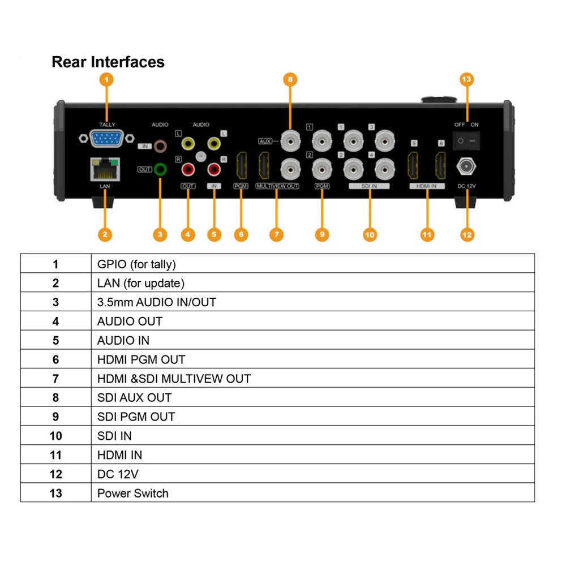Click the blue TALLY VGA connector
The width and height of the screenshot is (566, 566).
(x=106, y=139)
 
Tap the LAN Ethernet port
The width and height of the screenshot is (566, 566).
(x=105, y=169)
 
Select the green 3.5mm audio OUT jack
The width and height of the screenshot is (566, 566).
(x=160, y=169)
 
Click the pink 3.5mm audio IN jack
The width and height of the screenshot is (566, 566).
(x=160, y=146)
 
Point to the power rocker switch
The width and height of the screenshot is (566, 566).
(x=466, y=141)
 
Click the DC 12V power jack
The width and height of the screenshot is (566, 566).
(x=466, y=167)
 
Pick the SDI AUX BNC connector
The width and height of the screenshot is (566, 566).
(x=290, y=141)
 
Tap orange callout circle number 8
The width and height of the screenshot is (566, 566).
(x=290, y=79)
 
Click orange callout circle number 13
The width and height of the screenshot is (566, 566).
(x=466, y=79)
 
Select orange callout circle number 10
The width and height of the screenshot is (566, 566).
(x=370, y=235)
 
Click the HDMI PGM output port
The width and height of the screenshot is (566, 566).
(x=242, y=165)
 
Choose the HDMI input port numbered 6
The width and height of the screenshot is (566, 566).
(x=440, y=165)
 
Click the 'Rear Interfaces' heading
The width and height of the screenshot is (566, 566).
(x=108, y=62)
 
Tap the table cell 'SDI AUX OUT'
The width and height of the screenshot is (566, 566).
(x=134, y=397)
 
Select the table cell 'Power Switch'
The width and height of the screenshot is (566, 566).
(x=133, y=493)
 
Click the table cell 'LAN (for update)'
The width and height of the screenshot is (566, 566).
(x=141, y=283)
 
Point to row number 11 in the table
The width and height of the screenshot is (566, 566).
(x=55, y=455)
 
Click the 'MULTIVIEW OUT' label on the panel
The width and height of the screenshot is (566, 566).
(x=277, y=186)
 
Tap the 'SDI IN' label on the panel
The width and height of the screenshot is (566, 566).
(x=369, y=186)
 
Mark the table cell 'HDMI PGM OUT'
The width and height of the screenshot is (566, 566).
(x=141, y=359)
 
